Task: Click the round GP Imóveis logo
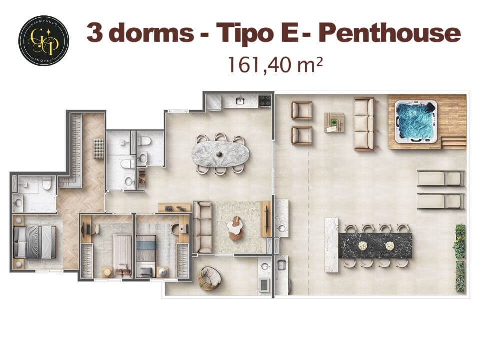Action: click(x=44, y=41)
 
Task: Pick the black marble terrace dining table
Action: click(x=375, y=245)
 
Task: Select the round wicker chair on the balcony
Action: click(x=208, y=278)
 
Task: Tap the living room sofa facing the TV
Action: click(x=202, y=227)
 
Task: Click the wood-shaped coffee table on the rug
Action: click(x=235, y=229)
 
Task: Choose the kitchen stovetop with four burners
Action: click(x=265, y=101)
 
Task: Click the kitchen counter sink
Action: click(x=240, y=101)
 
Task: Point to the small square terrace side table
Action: click(x=333, y=122)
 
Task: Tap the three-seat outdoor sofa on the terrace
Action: click(x=364, y=124)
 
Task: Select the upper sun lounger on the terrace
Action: click(x=440, y=178)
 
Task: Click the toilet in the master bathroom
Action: click(x=47, y=186)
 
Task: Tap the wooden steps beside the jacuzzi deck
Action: click(x=454, y=143)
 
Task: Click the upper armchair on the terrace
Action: click(x=301, y=110)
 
